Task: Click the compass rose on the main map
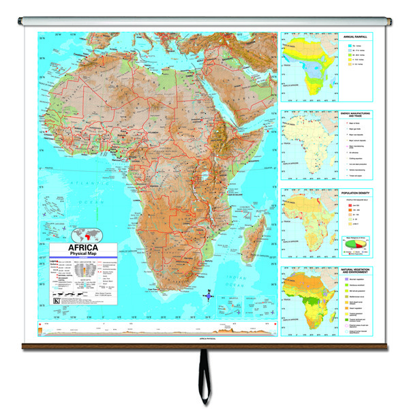click(x=210, y=295)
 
